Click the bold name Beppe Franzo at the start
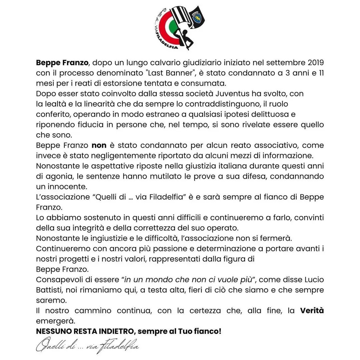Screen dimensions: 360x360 pos(62,62)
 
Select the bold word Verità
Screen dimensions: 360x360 pos(312,311)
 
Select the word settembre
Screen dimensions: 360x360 pos(280,62)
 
